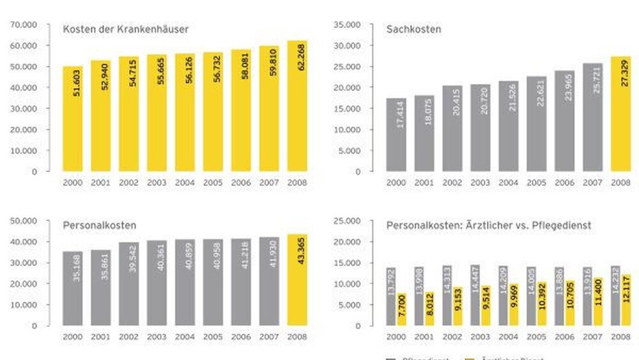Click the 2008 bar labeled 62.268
(x=297, y=106)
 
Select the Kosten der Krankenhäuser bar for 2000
(x=73, y=118)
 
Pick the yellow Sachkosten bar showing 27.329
(x=621, y=114)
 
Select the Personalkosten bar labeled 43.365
(x=297, y=279)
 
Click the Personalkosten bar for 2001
(x=100, y=288)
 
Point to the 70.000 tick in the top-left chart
(x=24, y=25)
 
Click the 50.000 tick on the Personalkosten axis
(x=24, y=221)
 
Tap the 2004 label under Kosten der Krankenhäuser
(x=185, y=182)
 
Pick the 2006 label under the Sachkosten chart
(x=565, y=182)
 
